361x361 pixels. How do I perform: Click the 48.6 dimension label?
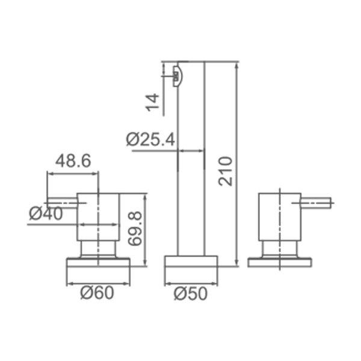tap(73, 161)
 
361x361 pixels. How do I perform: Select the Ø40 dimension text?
tap(46, 214)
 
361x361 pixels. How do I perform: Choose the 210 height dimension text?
tap(224, 171)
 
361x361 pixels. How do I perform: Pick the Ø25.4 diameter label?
tap(151, 140)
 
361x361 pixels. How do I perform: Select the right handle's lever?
tap(316, 202)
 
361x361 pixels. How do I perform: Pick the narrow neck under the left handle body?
tap(97, 250)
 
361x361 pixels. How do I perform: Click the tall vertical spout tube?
tap(192, 180)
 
